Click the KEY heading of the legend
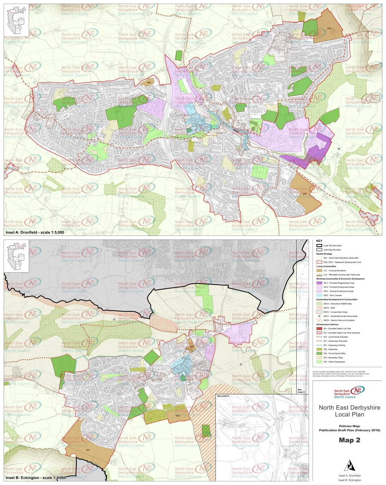pos(319,241)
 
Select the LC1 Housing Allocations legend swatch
pos(319,270)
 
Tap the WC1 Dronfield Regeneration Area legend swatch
pos(319,283)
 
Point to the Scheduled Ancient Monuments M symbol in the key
pos(319,316)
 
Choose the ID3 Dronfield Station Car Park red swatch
pos(319,328)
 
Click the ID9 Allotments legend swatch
pos(319,349)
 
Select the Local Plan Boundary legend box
pos(319,245)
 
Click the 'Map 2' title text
pos(350,441)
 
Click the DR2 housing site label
pos(329,28)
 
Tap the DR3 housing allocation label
pos(149,83)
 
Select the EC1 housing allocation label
pos(88,450)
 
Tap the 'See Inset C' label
pos(301,390)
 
